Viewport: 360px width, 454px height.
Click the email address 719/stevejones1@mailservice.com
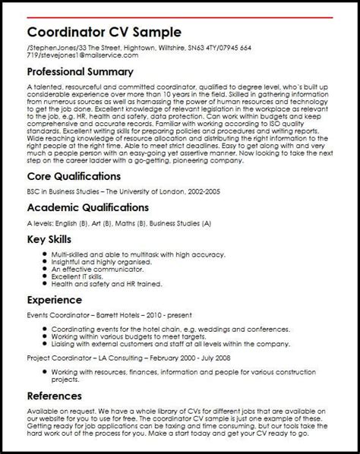tap(84, 55)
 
